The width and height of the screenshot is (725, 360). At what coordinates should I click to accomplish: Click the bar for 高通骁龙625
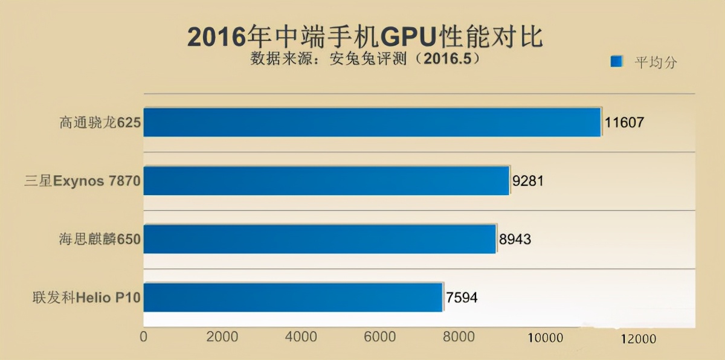click(x=372, y=122)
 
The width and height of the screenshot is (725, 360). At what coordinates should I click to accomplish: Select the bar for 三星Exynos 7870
click(x=326, y=181)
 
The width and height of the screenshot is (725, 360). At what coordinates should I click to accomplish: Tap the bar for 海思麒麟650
click(x=320, y=239)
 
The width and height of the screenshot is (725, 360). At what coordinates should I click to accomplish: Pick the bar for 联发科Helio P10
click(x=293, y=297)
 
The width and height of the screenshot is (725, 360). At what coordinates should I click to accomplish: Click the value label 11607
click(x=625, y=123)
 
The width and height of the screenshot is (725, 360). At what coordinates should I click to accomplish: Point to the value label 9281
click(x=529, y=181)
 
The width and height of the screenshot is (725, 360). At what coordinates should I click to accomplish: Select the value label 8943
click(x=515, y=240)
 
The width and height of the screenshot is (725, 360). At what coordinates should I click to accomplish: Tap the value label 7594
click(x=462, y=298)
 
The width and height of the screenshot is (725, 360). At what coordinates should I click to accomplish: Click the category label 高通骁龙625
click(x=100, y=123)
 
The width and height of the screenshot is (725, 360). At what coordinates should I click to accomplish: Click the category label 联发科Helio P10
click(x=87, y=298)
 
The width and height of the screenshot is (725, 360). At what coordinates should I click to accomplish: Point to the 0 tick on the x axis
click(x=143, y=336)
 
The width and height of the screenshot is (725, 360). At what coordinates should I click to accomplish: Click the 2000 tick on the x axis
click(x=222, y=336)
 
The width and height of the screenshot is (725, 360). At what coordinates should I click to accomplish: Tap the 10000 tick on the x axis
click(x=546, y=338)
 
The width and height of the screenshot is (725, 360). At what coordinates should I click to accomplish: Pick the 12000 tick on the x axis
click(x=637, y=339)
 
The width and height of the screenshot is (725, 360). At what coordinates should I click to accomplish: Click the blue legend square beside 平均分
click(x=616, y=62)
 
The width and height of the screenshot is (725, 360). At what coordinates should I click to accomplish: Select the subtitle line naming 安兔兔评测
click(x=364, y=59)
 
